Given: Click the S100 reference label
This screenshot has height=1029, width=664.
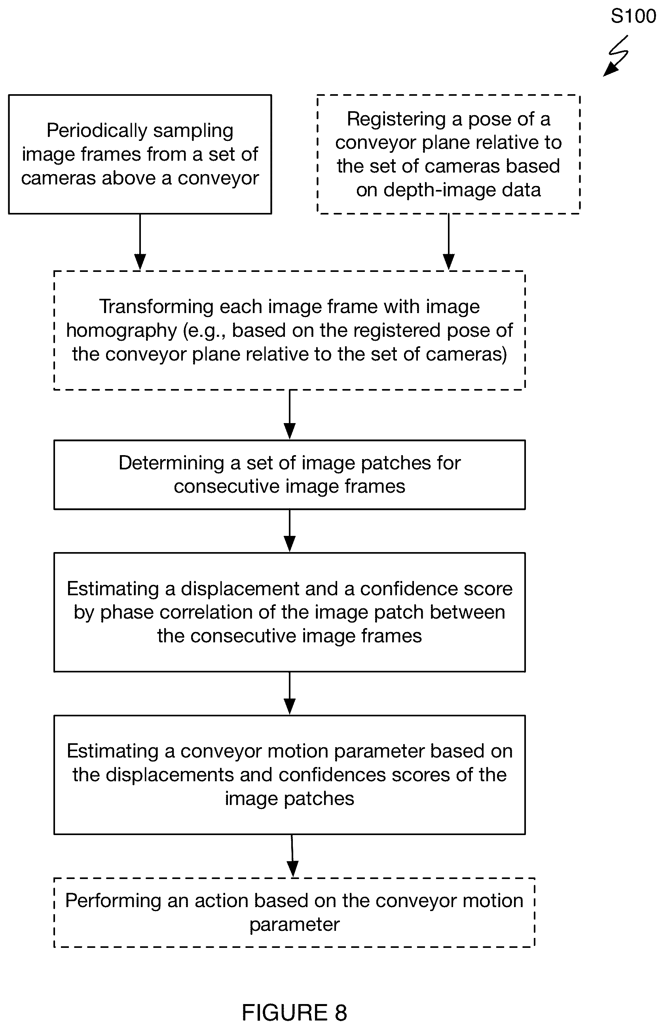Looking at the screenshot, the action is point(633,16).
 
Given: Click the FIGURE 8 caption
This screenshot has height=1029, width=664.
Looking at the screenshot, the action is point(294,1012).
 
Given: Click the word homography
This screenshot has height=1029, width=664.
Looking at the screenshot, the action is point(121,331).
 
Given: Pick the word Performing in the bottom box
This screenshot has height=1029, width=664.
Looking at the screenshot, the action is point(113,900).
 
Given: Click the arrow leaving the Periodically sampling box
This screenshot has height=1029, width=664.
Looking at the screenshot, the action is point(140,241).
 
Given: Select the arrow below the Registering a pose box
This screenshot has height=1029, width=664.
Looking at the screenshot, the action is point(449,241).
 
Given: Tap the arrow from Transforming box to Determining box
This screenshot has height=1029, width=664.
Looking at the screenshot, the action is point(290,414).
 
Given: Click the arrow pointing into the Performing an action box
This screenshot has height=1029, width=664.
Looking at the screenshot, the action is point(292,856).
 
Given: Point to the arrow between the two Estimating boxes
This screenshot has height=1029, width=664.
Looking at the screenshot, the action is point(290,693).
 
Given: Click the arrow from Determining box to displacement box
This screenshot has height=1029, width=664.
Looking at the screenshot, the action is point(290,530).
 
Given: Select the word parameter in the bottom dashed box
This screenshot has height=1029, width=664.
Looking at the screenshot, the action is point(294,925).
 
